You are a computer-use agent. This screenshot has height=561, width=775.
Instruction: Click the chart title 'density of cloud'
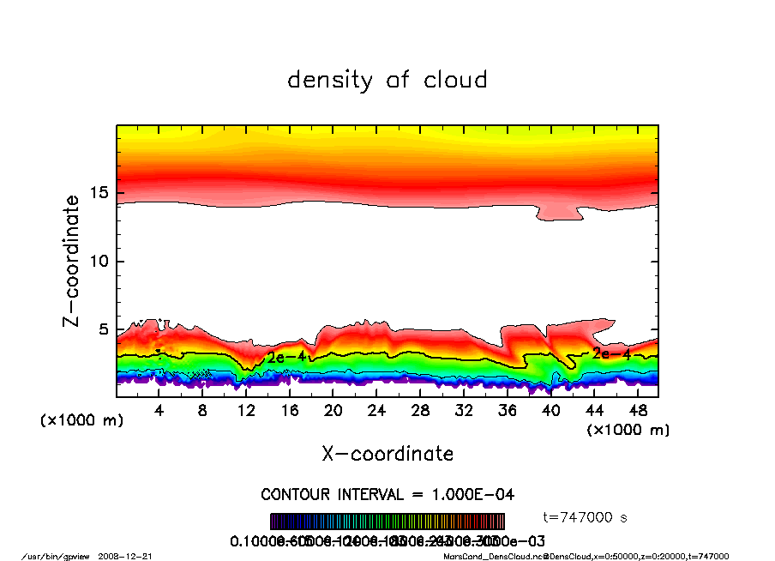point(387,81)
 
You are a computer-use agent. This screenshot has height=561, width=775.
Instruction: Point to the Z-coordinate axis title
point(72,261)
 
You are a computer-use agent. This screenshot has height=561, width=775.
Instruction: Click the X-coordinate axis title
point(387,454)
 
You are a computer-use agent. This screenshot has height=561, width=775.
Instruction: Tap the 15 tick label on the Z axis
point(100,193)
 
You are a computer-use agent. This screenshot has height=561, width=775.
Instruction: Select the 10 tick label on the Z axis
point(100,261)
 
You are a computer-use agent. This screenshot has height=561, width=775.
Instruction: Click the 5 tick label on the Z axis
point(105,329)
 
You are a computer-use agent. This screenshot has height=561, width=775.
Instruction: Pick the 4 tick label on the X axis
point(159,411)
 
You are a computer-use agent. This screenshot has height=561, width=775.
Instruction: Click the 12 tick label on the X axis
point(246,411)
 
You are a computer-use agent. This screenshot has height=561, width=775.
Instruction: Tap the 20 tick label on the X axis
point(333,411)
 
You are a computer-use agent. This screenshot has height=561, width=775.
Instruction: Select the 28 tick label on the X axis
point(420,411)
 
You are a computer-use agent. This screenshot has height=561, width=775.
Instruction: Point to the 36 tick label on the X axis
point(507,411)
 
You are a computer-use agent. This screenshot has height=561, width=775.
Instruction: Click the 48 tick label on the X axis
point(637,411)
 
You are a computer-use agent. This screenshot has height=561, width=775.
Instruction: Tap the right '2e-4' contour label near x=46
point(611,353)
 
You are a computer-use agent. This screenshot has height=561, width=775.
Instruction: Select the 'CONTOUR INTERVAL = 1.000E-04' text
point(387,495)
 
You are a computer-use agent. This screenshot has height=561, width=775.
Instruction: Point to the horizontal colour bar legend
point(387,522)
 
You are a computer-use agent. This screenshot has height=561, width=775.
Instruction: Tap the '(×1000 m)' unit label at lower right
point(628,429)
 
